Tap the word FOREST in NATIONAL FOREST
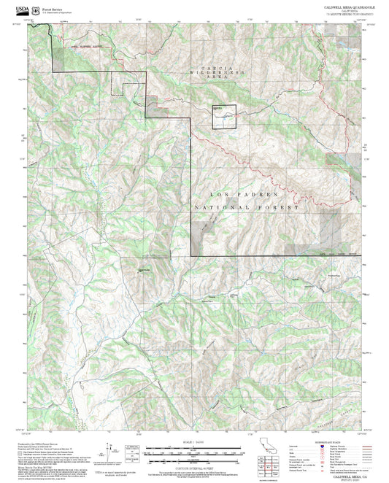click(281, 209)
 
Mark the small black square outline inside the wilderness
click(224, 116)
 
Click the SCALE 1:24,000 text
click(194, 442)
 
